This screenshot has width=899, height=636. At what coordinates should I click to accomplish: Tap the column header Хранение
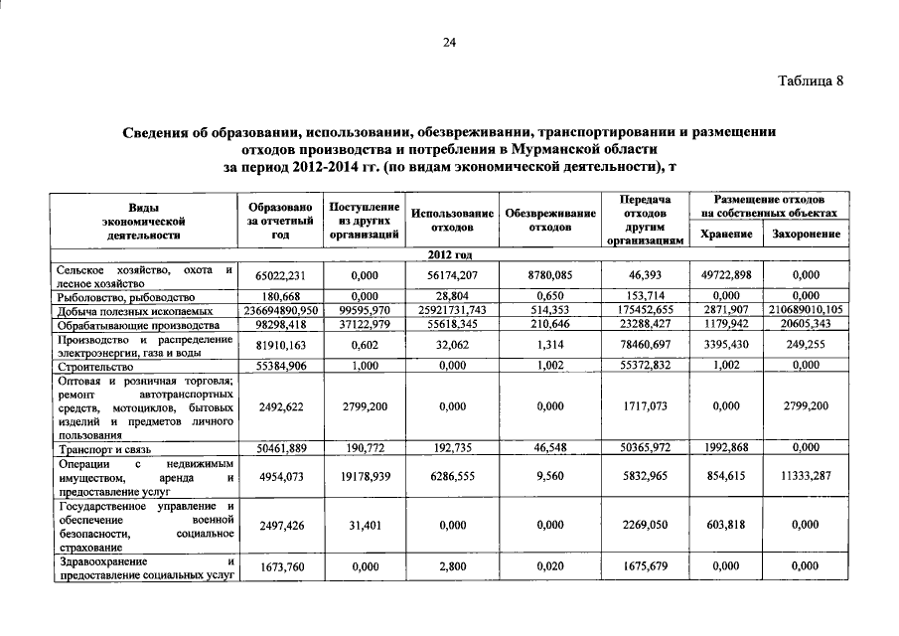[724, 235]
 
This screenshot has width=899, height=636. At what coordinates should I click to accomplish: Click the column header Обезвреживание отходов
[549, 220]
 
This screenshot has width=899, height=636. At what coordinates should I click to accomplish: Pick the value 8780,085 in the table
[549, 275]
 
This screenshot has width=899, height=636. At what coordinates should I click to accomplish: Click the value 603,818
[724, 526]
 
